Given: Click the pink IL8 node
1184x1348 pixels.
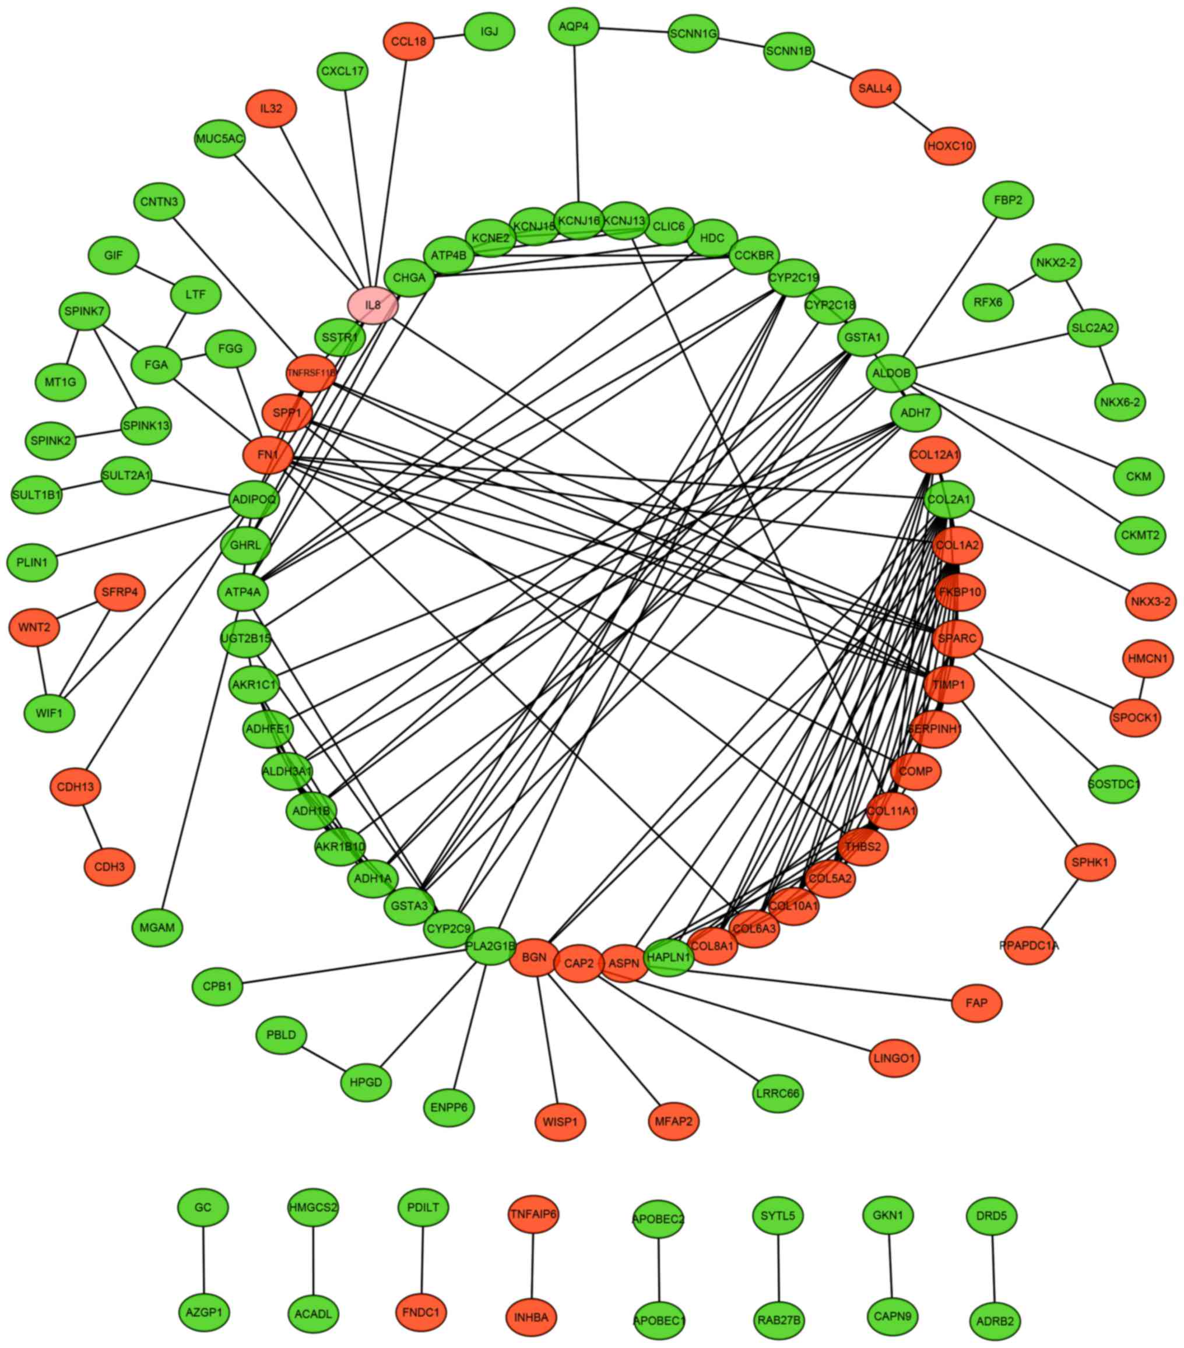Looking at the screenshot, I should [373, 305].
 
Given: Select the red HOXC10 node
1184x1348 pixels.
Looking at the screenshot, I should [950, 145].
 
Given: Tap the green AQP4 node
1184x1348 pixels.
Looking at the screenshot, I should [573, 26].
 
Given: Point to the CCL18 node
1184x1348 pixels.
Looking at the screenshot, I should [408, 41].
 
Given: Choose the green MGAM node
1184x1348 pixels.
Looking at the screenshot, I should [157, 927].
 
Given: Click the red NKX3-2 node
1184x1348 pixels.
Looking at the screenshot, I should [1150, 601].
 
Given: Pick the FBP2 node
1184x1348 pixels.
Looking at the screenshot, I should [1008, 199].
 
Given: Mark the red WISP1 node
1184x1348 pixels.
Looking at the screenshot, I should [560, 1121].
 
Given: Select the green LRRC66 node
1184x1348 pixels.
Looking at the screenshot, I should [778, 1093].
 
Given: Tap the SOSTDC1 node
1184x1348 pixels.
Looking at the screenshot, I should [1113, 784].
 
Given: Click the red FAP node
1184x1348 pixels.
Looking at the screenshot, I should [976, 1002].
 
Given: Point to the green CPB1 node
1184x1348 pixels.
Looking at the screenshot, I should [217, 987].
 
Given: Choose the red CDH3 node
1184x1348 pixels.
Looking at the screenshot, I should [110, 867].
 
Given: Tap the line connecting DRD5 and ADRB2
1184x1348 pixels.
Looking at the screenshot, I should [993, 1268].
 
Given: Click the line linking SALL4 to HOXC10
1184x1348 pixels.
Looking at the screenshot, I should [913, 117].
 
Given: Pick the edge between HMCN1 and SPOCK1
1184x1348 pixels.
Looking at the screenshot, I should [1142, 688].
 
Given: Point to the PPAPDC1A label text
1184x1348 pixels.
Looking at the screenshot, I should [1028, 946].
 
